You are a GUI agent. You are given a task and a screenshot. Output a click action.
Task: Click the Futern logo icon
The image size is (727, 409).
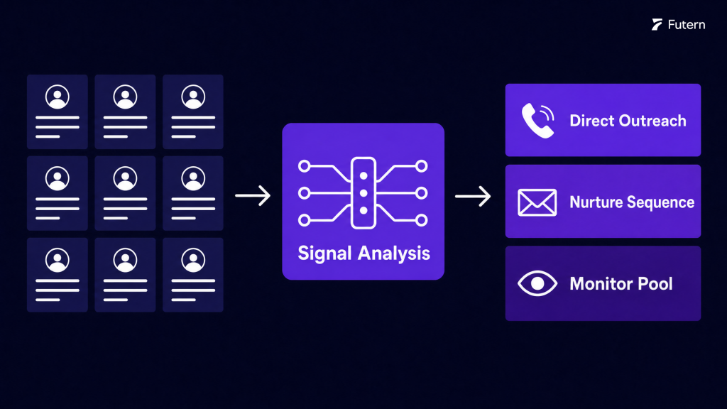tap(657, 25)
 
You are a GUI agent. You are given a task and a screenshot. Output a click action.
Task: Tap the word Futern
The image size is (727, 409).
tap(687, 25)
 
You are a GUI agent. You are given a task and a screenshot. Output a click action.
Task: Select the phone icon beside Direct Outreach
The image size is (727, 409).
tap(538, 121)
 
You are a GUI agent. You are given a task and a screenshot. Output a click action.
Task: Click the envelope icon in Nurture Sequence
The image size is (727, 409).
tap(537, 202)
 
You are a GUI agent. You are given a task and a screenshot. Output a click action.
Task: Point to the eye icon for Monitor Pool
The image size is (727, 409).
tap(537, 283)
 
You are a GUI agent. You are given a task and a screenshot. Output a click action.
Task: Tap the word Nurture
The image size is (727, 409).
tap(596, 202)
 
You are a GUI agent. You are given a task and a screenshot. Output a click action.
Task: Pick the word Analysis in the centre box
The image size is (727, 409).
tap(393, 253)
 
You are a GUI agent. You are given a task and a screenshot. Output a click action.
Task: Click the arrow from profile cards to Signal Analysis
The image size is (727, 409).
tap(253, 196)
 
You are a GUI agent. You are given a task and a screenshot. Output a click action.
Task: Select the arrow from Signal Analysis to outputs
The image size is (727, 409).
tap(472, 196)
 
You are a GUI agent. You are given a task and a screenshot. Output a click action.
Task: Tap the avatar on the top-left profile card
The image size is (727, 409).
tap(58, 97)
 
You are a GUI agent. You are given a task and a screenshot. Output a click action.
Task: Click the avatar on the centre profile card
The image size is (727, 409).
tap(125, 178)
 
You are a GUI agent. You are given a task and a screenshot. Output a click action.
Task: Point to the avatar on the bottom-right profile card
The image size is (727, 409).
tap(193, 260)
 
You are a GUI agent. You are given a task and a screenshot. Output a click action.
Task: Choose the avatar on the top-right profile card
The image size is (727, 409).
tap(193, 97)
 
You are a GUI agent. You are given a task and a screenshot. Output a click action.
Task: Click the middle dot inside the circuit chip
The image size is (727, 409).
tap(363, 193)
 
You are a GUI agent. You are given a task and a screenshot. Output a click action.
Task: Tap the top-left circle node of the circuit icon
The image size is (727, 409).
tap(304, 166)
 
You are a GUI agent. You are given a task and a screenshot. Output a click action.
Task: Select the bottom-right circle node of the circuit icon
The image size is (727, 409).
tap(422, 220)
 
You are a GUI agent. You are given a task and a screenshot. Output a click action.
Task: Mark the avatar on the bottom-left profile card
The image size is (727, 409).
tap(58, 260)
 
